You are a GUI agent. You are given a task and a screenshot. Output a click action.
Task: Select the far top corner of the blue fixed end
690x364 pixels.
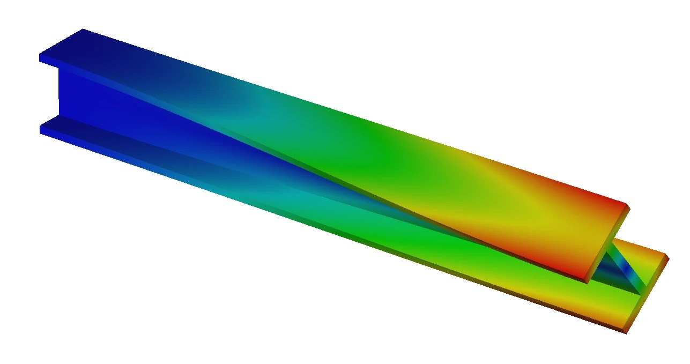coord(83,31)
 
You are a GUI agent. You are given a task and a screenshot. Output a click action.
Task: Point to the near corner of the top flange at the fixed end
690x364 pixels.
coord(41,58)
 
